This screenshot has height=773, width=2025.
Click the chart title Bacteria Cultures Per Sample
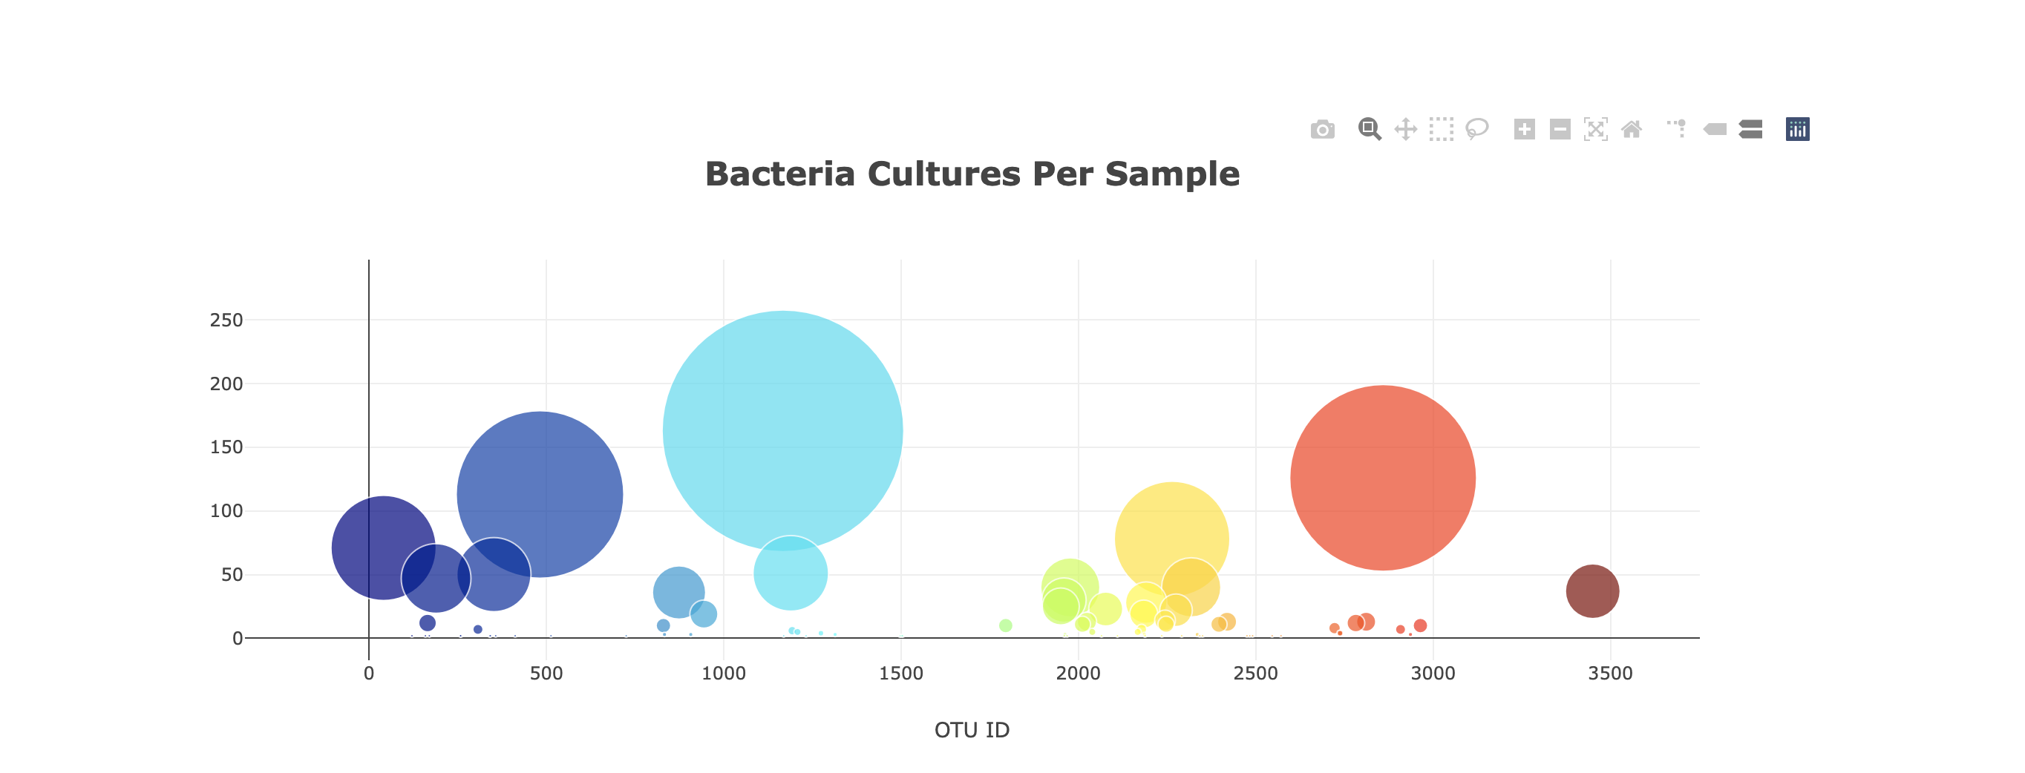[x=972, y=174]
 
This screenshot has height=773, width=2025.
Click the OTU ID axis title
[x=972, y=730]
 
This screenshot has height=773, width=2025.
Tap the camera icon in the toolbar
[x=1322, y=130]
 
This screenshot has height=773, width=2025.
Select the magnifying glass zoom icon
[x=1369, y=130]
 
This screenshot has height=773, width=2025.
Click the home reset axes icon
[x=1631, y=130]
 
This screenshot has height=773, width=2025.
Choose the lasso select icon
[x=1477, y=130]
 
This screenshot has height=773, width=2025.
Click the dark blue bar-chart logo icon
[x=1797, y=130]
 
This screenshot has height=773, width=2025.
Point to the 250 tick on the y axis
[x=226, y=320]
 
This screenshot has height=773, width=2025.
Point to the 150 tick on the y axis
[x=226, y=448]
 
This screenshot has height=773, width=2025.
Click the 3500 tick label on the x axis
[x=1610, y=674]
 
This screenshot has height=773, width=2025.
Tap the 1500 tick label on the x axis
[x=901, y=674]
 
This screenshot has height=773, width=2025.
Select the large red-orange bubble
[x=1383, y=478]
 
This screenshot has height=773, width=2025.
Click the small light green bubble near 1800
[x=1005, y=625]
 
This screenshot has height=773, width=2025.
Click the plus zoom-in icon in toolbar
[x=1524, y=130]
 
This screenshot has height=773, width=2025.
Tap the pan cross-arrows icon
[x=1406, y=130]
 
